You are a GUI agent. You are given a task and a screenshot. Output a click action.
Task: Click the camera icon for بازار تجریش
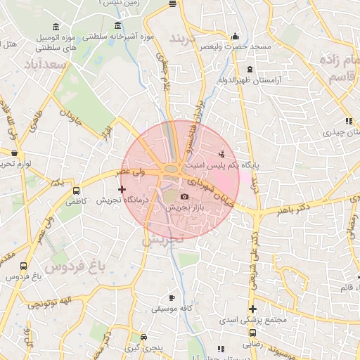pyautogui.click(x=185, y=197)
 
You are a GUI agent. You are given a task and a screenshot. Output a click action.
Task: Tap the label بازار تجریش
pyautogui.click(x=184, y=209)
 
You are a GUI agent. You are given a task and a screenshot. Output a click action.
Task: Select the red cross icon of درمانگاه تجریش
pyautogui.click(x=122, y=189)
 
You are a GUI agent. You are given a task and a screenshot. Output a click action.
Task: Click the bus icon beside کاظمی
pyautogui.click(x=76, y=191)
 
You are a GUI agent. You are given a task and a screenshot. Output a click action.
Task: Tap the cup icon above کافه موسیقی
pyautogui.click(x=172, y=298)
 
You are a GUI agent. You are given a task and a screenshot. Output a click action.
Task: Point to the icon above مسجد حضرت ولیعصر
pyautogui.click(x=235, y=37)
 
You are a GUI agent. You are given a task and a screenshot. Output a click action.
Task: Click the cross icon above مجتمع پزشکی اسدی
pyautogui.click(x=252, y=309)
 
